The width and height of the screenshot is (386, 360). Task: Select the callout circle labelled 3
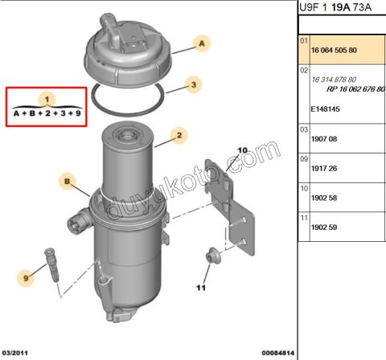[192, 84]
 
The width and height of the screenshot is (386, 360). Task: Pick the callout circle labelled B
[68, 181]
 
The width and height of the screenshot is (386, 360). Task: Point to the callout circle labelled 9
[26, 278]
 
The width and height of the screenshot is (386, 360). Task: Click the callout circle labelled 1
[47, 99]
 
